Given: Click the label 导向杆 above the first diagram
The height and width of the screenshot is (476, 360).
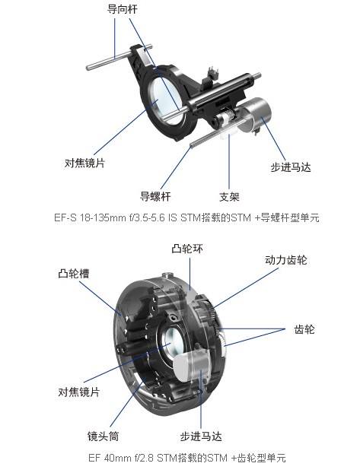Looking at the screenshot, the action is pyautogui.click(x=122, y=9).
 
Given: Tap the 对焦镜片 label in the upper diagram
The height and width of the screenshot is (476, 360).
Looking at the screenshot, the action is pyautogui.click(x=84, y=163).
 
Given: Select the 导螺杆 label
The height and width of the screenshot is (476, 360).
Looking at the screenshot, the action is pyautogui.click(x=155, y=196).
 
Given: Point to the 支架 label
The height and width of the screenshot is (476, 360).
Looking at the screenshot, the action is pyautogui.click(x=229, y=197).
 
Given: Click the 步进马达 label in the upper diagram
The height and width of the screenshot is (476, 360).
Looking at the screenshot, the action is pyautogui.click(x=291, y=167).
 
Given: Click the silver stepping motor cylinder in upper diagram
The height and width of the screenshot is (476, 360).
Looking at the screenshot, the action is pyautogui.click(x=256, y=114).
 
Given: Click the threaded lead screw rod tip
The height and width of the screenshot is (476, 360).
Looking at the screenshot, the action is pyautogui.click(x=191, y=146).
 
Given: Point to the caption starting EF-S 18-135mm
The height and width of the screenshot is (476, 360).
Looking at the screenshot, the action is pyautogui.click(x=186, y=217).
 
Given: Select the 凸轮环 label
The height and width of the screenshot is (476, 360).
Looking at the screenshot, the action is pyautogui.click(x=187, y=249).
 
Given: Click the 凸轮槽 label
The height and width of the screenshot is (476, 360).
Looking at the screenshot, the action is pyautogui.click(x=74, y=274).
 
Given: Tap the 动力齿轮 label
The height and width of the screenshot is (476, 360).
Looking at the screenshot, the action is pyautogui.click(x=286, y=260).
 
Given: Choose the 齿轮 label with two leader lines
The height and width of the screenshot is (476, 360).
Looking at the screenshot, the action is pyautogui.click(x=304, y=329).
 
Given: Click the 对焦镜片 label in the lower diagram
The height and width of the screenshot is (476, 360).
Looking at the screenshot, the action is pyautogui.click(x=79, y=392).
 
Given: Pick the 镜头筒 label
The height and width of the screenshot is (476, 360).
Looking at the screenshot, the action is pyautogui.click(x=103, y=436).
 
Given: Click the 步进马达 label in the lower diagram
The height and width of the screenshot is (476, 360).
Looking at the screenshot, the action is pyautogui.click(x=201, y=436).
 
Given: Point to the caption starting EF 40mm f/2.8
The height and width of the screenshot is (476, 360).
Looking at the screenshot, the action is pyautogui.click(x=186, y=457).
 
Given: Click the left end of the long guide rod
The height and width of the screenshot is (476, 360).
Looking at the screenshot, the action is pyautogui.click(x=88, y=68).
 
